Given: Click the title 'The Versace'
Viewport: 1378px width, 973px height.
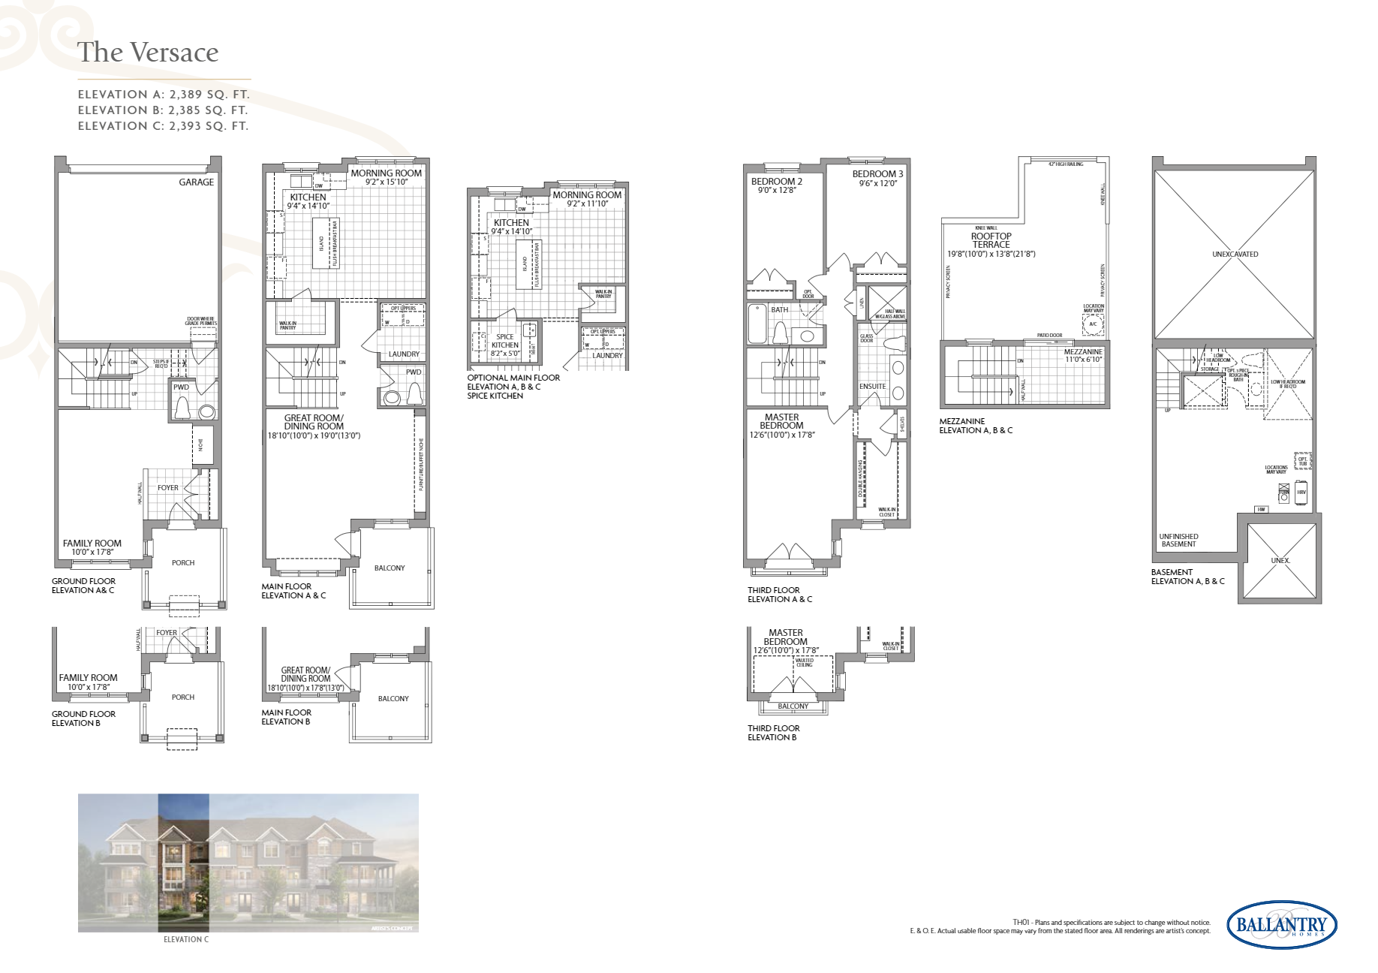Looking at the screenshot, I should (148, 53).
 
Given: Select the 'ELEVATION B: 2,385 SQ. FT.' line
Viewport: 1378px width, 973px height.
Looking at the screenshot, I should (163, 110).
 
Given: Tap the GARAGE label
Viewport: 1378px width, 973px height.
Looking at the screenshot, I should (196, 182).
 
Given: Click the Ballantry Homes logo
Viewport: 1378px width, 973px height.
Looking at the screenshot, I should (1281, 925).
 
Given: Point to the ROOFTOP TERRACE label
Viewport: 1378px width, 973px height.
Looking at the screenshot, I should (991, 240).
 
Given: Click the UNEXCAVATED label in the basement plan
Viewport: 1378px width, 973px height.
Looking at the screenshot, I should (1235, 255).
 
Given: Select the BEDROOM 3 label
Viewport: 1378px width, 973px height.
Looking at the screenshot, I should (877, 174).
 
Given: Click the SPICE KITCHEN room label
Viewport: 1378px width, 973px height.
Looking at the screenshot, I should (504, 342).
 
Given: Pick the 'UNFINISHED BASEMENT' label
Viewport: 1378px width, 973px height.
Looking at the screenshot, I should (1178, 541).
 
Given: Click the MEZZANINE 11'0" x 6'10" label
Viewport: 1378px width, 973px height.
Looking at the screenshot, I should (1083, 356).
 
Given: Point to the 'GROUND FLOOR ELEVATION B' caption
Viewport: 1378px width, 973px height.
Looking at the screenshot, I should (83, 718).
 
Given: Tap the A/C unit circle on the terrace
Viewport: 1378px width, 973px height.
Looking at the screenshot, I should (1093, 324).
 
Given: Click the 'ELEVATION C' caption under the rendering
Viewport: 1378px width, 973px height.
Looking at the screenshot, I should (186, 940).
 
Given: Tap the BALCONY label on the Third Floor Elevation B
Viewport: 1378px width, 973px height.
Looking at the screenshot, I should (793, 706).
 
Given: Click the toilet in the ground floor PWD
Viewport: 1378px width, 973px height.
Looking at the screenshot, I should (182, 408).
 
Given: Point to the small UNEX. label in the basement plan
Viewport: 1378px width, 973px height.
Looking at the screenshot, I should (1280, 561).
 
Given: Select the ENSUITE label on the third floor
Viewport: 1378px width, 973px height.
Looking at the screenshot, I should (872, 387).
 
